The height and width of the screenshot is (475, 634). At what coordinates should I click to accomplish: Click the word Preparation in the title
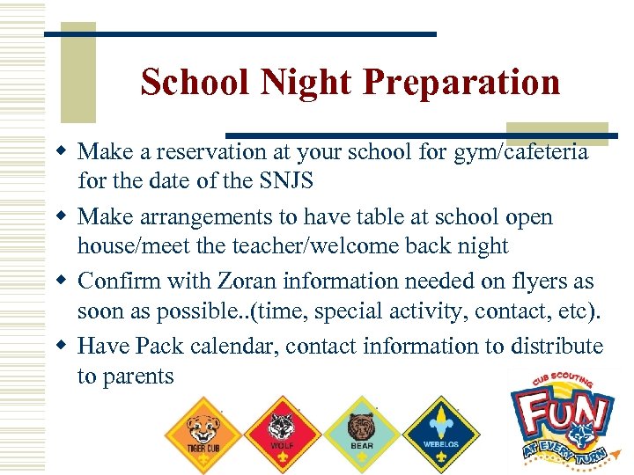point(461,83)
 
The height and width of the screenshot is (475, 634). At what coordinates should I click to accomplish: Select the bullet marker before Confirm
point(63,281)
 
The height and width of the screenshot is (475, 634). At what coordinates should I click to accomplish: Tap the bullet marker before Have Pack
point(63,346)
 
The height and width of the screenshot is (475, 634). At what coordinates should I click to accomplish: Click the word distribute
point(557,347)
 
